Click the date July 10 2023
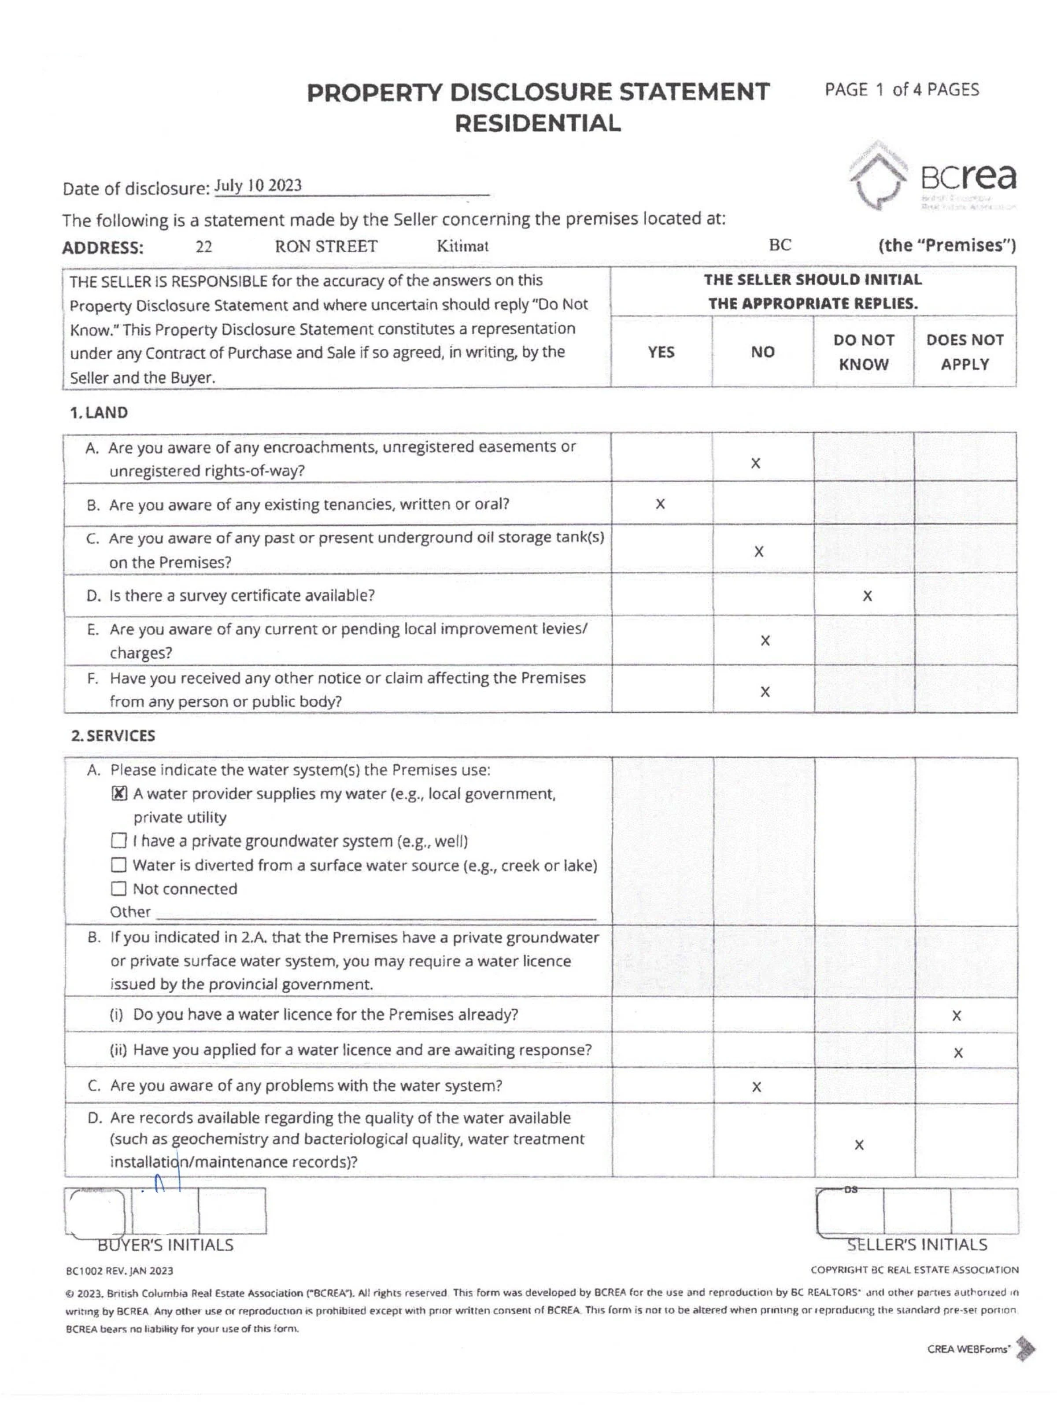click(x=258, y=186)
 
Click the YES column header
click(x=660, y=352)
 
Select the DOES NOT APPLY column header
click(x=965, y=352)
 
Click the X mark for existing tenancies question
click(x=660, y=504)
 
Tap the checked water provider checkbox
click(x=119, y=793)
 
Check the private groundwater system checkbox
click(x=119, y=841)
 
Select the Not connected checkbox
click(x=119, y=888)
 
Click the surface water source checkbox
click(x=119, y=865)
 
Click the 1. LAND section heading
click(x=99, y=413)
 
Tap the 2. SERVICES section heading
click(x=113, y=736)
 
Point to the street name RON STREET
click(x=326, y=247)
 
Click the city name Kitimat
click(x=462, y=247)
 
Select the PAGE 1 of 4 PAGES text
click(x=901, y=90)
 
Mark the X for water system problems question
click(x=756, y=1087)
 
